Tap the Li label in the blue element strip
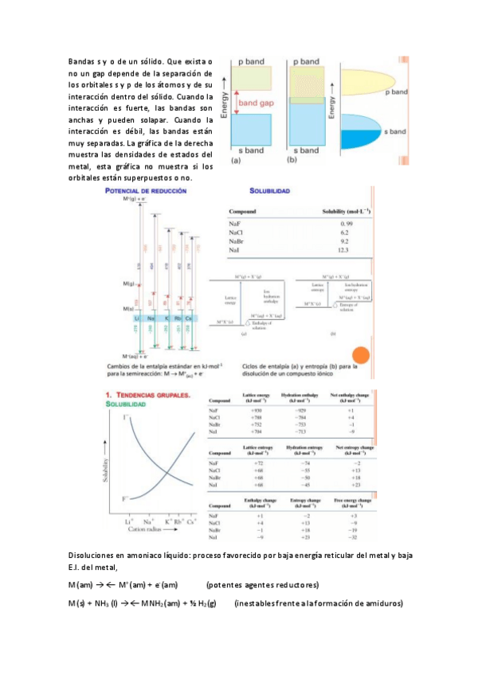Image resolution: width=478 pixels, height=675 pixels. click(136, 318)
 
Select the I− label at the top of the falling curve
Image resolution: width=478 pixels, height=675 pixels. click(127, 417)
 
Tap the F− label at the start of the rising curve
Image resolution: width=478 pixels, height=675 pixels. click(126, 498)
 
